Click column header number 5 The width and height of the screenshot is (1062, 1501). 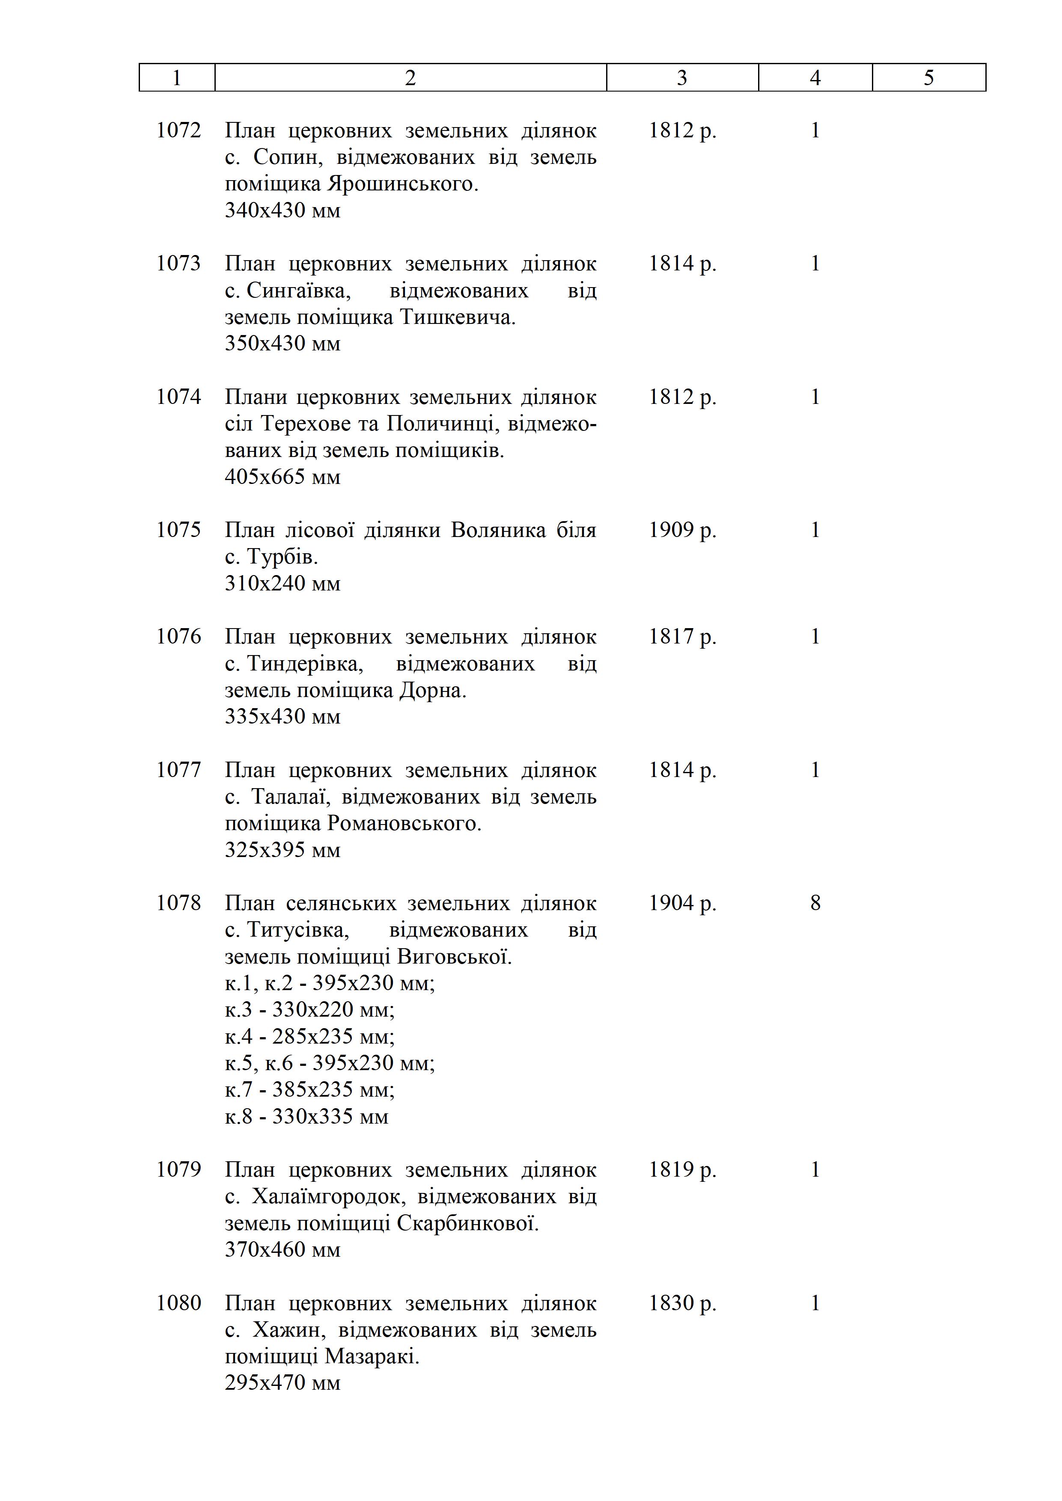tap(928, 78)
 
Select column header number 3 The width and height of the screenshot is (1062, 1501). tap(682, 78)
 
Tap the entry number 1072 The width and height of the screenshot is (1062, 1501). tap(178, 131)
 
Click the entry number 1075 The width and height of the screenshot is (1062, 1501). tap(178, 530)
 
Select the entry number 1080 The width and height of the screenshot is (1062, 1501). tap(178, 1303)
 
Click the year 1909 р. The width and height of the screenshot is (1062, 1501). tap(682, 530)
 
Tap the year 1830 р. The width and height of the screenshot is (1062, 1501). tap(682, 1303)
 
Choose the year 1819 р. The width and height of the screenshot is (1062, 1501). tap(682, 1169)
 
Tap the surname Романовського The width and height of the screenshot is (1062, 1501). tap(404, 824)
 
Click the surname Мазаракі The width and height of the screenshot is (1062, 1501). tap(372, 1356)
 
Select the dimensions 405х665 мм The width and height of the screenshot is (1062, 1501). tap(283, 477)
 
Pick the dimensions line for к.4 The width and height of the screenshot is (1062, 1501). tap(310, 1037)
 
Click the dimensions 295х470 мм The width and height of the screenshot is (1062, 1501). tap(283, 1382)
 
